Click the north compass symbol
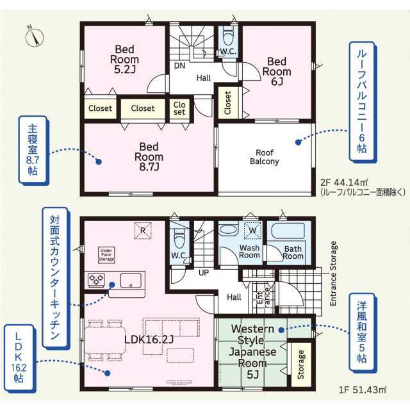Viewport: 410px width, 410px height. (34, 37)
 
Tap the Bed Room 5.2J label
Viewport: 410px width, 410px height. (124, 60)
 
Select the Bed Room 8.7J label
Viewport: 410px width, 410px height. (149, 156)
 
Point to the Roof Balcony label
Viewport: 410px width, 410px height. (265, 157)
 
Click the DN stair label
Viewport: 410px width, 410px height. (179, 65)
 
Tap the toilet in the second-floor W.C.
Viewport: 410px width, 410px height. (229, 36)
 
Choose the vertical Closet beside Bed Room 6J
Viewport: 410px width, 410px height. (228, 102)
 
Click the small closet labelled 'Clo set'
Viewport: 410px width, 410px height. (179, 108)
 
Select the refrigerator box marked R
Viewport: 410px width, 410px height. (143, 231)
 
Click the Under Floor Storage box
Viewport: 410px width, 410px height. (106, 255)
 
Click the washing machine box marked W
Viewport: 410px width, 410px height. (252, 231)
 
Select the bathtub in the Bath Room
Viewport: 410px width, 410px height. (288, 231)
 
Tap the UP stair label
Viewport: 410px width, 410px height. (204, 273)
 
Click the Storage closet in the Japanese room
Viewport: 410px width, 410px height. (301, 365)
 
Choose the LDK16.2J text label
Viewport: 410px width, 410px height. (149, 340)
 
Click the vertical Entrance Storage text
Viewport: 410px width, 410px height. (333, 274)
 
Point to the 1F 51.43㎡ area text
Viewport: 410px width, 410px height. (363, 390)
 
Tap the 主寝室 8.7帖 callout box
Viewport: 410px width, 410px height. (33, 150)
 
